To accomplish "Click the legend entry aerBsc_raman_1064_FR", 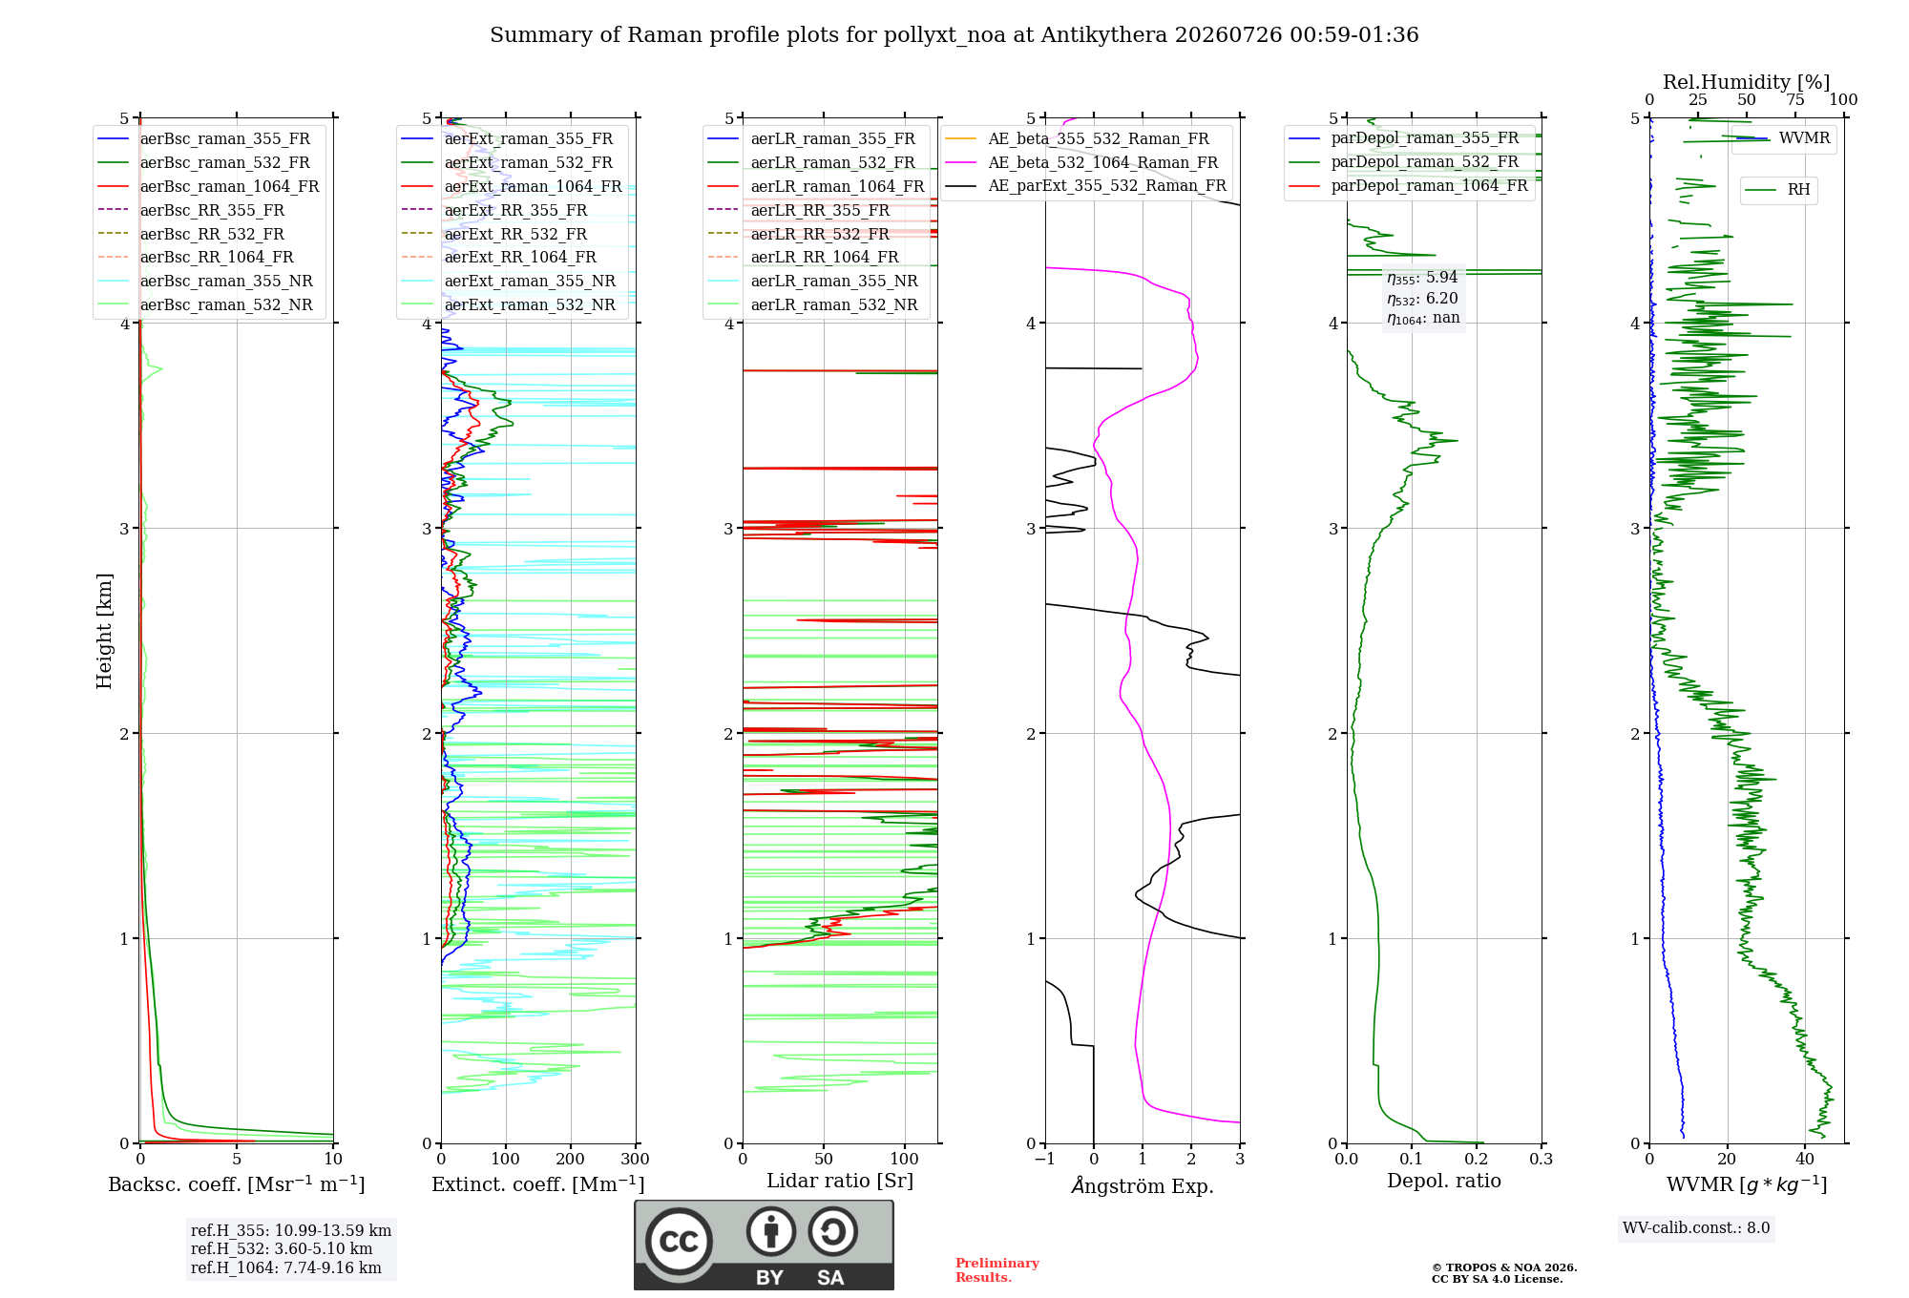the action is coord(208,187).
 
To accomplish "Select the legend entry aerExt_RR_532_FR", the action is coord(494,234).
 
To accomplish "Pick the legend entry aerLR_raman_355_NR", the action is coord(812,282).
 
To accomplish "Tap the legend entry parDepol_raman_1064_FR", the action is coord(1408,186).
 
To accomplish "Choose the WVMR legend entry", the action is coord(1783,138).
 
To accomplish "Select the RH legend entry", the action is coord(1777,190).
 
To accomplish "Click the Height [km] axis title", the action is coord(104,631).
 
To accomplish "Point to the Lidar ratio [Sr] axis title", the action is coord(840,1181).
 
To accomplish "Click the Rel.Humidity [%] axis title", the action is coord(1747,82).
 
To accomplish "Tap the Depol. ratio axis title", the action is coord(1444,1181).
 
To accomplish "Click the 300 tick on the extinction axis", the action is coord(636,1159).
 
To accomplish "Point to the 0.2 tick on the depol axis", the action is coord(1477,1159).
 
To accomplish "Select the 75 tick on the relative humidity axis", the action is coord(1795,100).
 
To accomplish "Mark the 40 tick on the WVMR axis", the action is coord(1805,1159).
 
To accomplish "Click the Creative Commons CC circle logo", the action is coord(679,1241).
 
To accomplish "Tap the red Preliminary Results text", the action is coord(997,1270).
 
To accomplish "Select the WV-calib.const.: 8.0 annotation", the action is coord(1696,1228).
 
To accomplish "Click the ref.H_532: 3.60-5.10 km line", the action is coord(282,1249).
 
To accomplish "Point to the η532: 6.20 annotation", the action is coord(1422,299).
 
